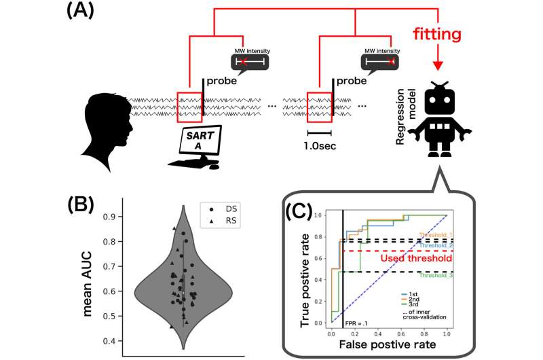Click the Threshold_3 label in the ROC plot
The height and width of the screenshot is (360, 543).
tap(434, 276)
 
